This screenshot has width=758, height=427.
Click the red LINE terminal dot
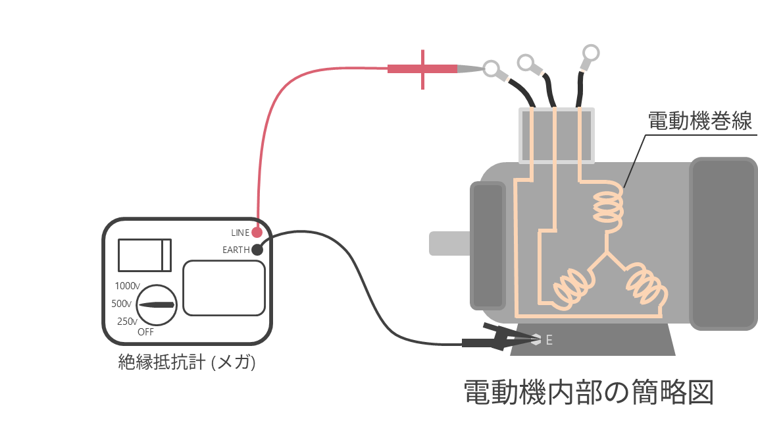(257, 233)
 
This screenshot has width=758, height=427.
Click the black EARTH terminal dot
(257, 250)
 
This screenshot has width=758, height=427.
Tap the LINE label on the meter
(240, 233)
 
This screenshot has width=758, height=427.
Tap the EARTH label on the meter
(236, 250)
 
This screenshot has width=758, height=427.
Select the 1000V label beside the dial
(127, 286)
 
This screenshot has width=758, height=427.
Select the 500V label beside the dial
(121, 304)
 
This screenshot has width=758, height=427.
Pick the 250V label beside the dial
(127, 322)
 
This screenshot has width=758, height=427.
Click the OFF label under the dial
(145, 332)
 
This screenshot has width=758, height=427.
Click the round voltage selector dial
(157, 305)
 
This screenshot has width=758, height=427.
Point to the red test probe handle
(422, 69)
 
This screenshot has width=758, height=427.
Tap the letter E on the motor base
(549, 340)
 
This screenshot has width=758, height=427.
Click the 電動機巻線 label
(699, 121)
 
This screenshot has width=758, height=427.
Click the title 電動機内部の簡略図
(589, 391)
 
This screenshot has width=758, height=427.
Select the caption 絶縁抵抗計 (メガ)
(187, 362)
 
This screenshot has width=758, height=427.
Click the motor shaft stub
(449, 243)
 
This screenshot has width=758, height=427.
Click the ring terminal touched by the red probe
(492, 69)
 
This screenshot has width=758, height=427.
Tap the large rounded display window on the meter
(224, 288)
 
